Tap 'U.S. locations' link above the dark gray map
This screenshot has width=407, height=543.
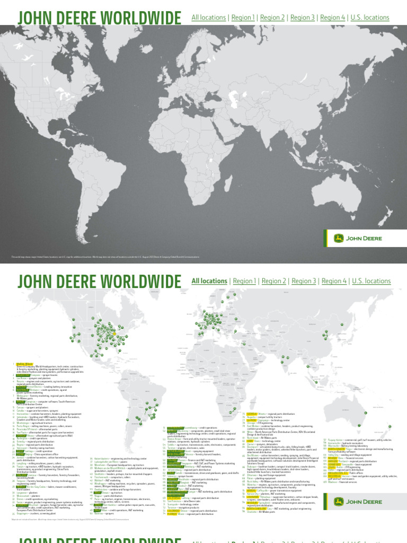tap(370, 17)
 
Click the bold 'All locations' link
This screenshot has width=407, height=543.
tap(209, 281)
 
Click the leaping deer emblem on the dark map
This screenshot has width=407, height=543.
tap(338, 238)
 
